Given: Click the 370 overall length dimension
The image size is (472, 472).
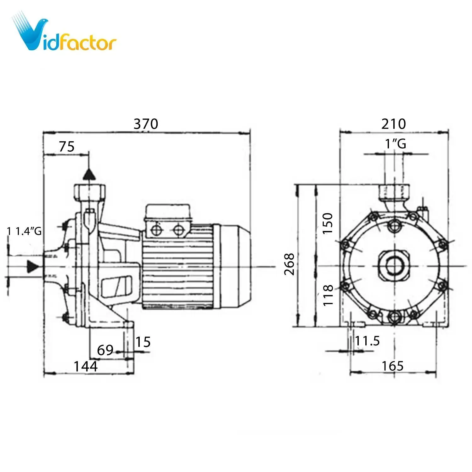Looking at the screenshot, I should pos(146,124).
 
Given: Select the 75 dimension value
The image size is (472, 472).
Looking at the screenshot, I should pos(67,147).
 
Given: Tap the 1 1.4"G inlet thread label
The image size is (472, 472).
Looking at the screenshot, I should pos(24,232).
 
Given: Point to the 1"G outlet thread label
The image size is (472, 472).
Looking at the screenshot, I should pos(396,144).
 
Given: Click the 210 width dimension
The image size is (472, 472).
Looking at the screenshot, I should pos(393,124).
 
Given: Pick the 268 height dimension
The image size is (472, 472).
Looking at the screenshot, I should pos(289,264).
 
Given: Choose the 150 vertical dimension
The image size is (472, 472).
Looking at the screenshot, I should pos(328,223).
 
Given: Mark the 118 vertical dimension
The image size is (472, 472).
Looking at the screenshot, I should pos(328,295).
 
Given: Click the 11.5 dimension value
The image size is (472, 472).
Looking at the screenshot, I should pos(367,341).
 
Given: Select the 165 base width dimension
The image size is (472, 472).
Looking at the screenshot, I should pos(392,366).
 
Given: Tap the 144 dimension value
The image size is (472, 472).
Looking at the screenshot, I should pos(85,366).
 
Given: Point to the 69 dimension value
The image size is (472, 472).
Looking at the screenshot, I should pos(105,350).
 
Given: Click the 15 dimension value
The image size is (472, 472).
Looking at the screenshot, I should pos(143,342).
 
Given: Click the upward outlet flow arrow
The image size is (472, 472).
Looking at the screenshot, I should pos(89,174).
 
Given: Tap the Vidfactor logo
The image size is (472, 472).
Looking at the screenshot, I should pos(64,35).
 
